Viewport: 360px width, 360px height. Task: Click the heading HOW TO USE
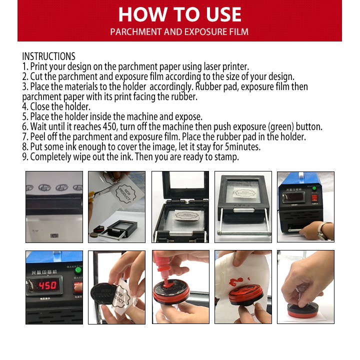pyautogui.click(x=180, y=14)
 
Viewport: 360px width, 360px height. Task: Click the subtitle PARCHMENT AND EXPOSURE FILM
pyautogui.click(x=179, y=31)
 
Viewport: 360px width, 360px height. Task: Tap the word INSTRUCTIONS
pyautogui.click(x=48, y=56)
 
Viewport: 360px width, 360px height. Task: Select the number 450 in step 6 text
pyautogui.click(x=110, y=126)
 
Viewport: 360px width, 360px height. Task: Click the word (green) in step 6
pyautogui.click(x=280, y=127)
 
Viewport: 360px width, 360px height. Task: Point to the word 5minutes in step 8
pyautogui.click(x=243, y=146)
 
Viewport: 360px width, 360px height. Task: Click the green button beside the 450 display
pyautogui.click(x=78, y=270)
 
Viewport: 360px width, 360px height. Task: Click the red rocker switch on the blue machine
pyautogui.click(x=314, y=198)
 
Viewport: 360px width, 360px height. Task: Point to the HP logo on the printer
pyautogui.click(x=54, y=235)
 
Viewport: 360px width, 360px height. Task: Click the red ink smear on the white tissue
pyautogui.click(x=236, y=281)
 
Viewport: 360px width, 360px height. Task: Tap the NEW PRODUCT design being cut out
pyautogui.click(x=126, y=194)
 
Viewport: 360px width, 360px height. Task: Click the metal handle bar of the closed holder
pyautogui.click(x=243, y=233)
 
